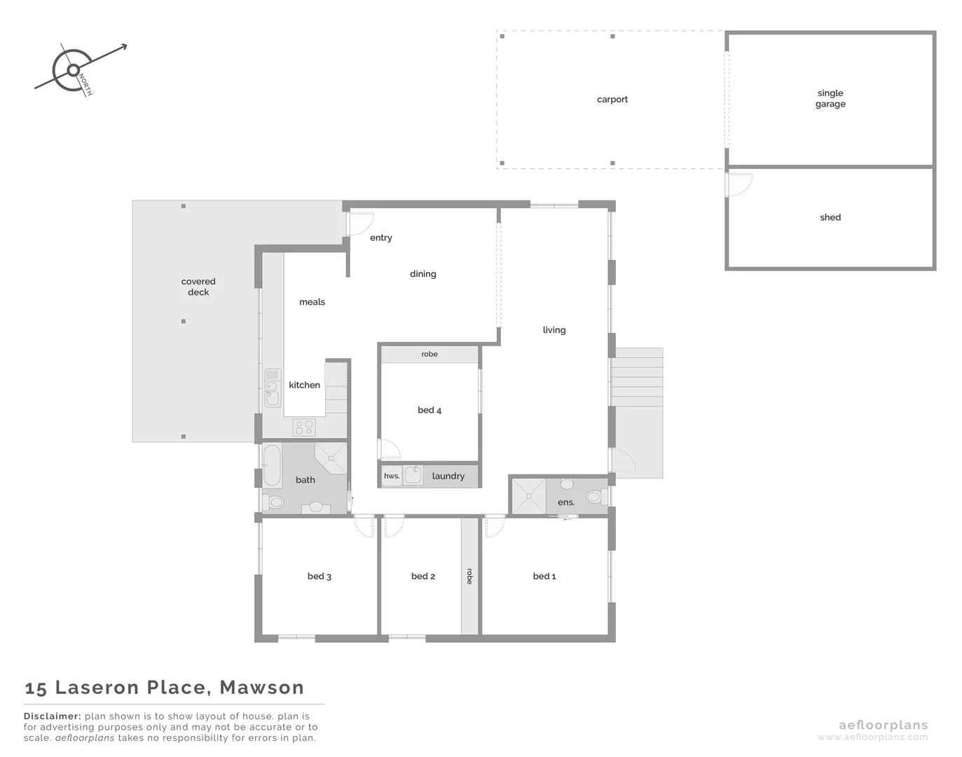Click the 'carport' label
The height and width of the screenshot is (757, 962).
(x=612, y=100)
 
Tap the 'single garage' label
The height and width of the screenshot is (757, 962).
(x=830, y=98)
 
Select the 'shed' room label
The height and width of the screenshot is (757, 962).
(x=830, y=217)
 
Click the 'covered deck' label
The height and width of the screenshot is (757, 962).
(x=198, y=287)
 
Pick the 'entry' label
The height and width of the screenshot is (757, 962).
(x=380, y=238)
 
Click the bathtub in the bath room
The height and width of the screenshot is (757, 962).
(x=271, y=466)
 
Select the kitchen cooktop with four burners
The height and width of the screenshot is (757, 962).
(x=304, y=427)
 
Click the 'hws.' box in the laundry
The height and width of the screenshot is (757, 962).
(x=392, y=476)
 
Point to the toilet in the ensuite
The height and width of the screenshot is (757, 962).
(x=594, y=496)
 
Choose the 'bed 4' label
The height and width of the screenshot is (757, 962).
(x=430, y=410)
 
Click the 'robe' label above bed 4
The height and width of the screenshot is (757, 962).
(x=430, y=354)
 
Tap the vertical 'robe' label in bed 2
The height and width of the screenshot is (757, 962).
(x=469, y=576)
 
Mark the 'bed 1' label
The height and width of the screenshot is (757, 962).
(x=544, y=576)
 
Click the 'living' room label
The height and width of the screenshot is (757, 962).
(x=554, y=330)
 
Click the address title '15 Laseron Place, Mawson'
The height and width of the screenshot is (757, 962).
(x=165, y=688)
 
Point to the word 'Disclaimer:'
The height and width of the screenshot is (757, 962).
(x=53, y=716)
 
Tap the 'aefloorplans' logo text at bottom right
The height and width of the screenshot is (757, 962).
(x=883, y=725)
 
